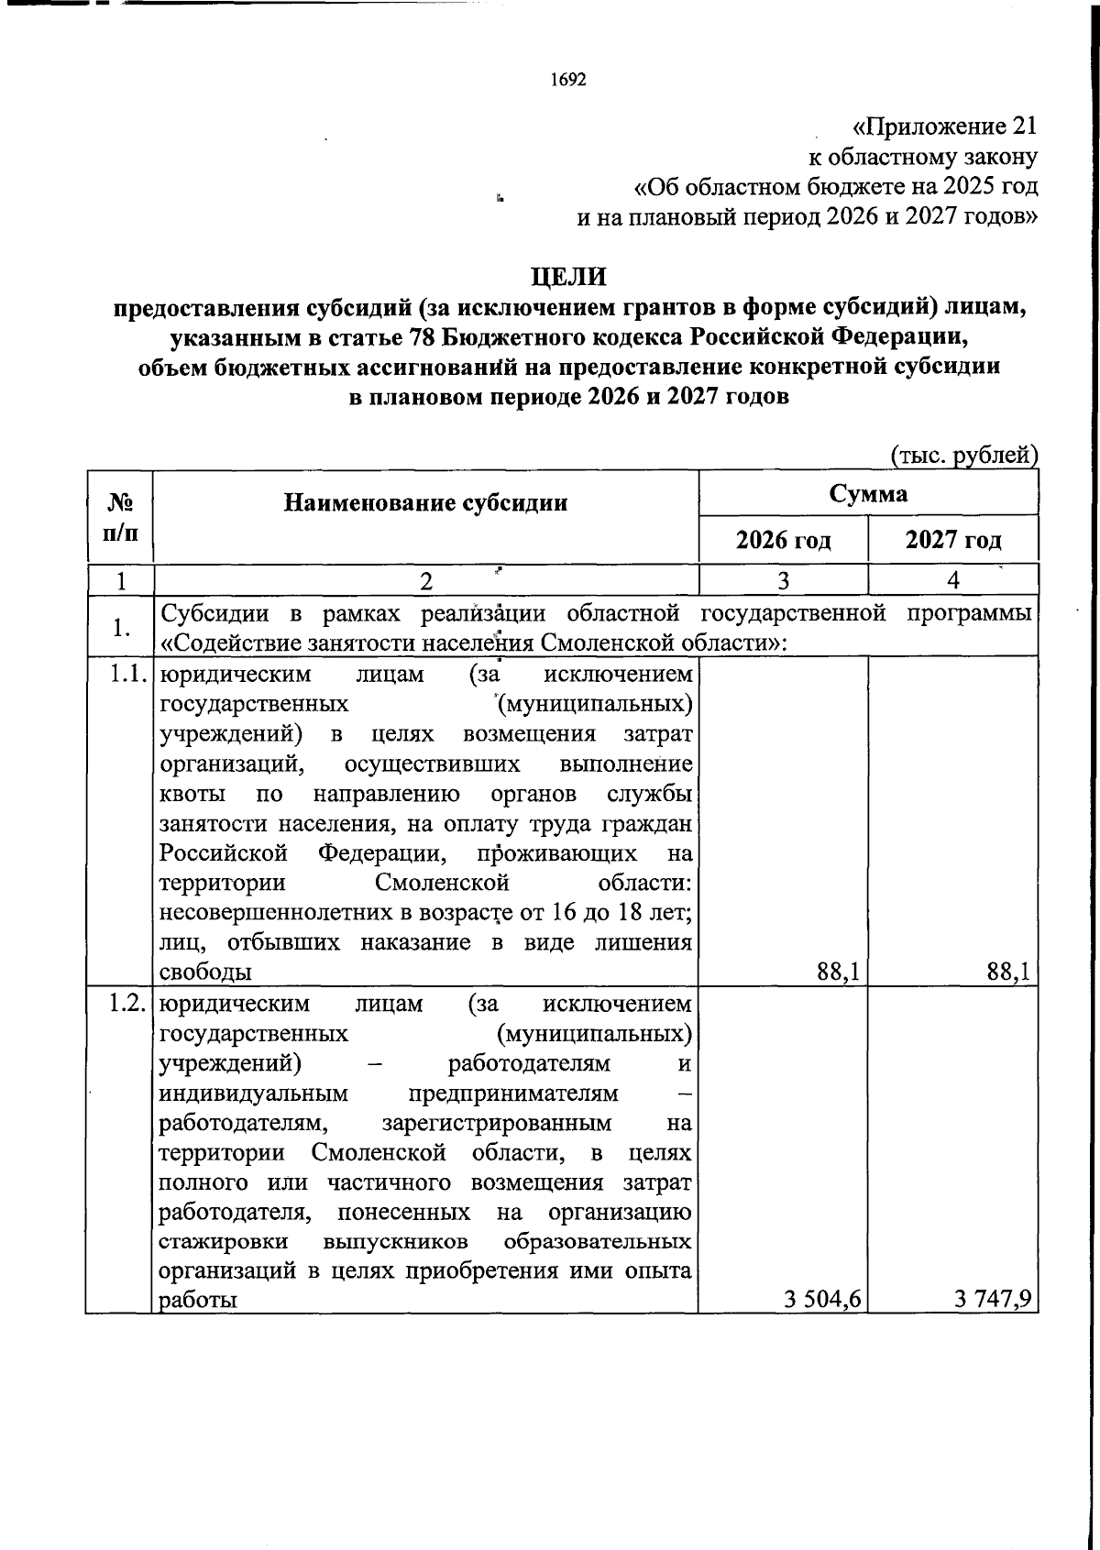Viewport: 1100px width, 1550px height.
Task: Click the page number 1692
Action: (567, 80)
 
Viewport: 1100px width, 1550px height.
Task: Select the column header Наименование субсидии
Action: (425, 502)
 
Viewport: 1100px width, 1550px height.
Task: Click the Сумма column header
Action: (868, 494)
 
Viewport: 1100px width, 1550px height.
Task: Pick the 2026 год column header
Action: (784, 540)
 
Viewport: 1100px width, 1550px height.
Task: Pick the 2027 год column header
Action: (953, 540)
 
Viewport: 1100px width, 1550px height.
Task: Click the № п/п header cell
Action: (120, 516)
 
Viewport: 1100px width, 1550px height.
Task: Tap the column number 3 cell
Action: (783, 580)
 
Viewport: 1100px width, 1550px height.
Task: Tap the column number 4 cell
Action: (953, 580)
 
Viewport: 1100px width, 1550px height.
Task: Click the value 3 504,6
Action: (821, 1299)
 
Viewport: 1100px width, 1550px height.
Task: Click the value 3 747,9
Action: (993, 1299)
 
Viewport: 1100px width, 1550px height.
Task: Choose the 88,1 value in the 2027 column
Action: (1008, 972)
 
